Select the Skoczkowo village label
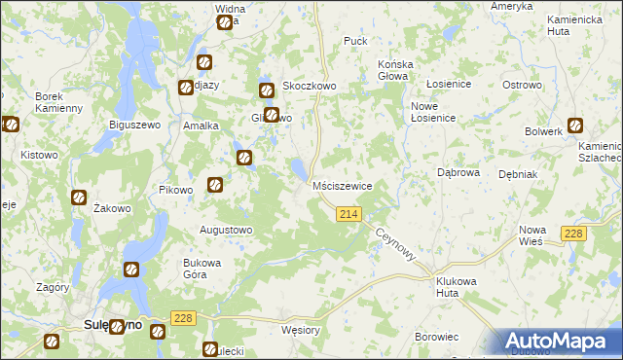[x=309, y=86]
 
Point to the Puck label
[x=355, y=42]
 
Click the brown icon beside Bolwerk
[x=575, y=125]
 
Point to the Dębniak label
[x=517, y=174]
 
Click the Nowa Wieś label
[x=531, y=234]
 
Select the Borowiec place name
[x=436, y=337]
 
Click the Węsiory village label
[x=300, y=330]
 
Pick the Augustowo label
[x=226, y=230]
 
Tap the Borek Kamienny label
[x=58, y=102]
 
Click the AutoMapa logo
[x=556, y=342]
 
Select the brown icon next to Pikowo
[x=216, y=184]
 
